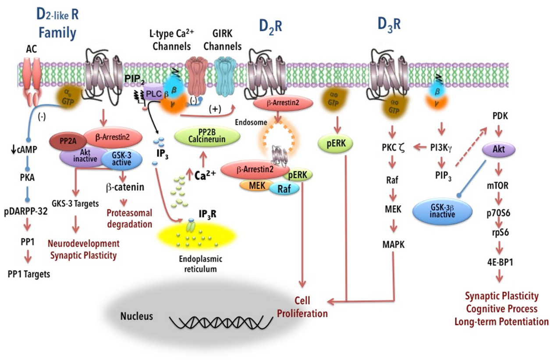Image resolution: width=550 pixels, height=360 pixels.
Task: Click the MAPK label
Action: tap(393, 245)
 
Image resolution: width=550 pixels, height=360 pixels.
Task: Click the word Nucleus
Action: tap(136, 315)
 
